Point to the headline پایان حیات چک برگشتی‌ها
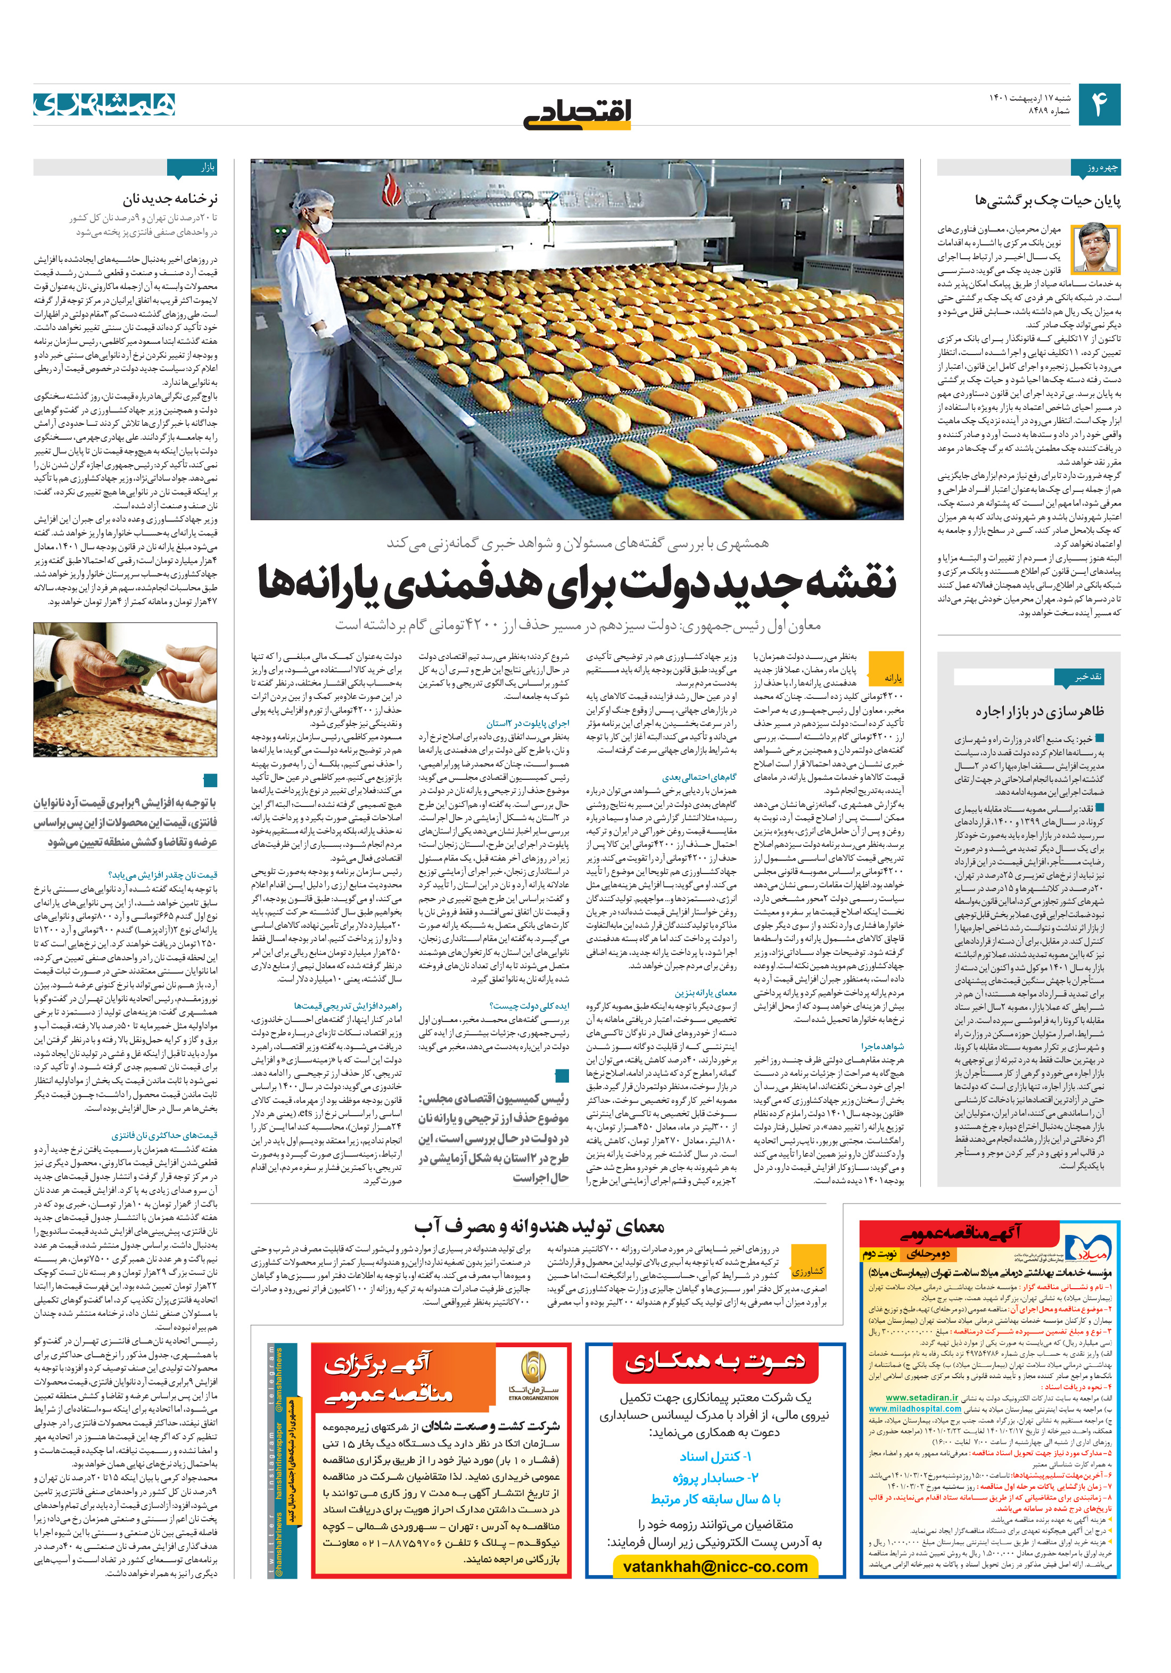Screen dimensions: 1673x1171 point(1048,200)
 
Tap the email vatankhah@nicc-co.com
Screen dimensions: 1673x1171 point(715,1565)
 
